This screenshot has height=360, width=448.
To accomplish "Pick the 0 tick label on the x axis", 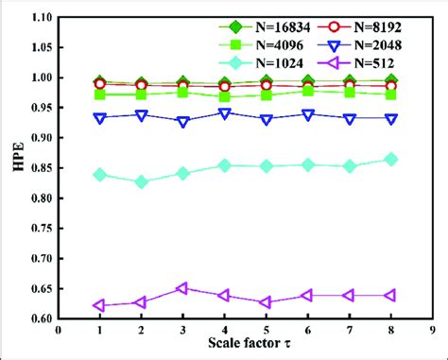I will click(59, 332).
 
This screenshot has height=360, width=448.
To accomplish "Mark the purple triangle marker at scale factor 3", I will click(182, 288).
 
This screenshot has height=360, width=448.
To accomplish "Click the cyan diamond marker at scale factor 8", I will click(390, 160).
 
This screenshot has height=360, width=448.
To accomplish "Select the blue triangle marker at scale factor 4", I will click(224, 113).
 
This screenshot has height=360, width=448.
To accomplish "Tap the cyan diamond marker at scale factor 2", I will click(141, 181).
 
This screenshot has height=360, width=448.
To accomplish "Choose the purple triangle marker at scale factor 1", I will click(99, 305).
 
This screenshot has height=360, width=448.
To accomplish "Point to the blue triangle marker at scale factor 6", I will click(307, 114).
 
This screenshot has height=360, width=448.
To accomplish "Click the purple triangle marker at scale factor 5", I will click(266, 302).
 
